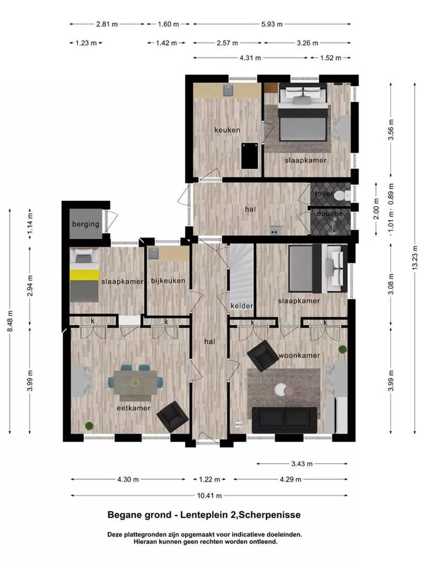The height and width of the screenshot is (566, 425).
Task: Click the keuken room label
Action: pos(227,130)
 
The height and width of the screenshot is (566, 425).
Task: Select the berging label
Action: pos(86,224)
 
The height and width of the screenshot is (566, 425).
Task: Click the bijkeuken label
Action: pos(168,281)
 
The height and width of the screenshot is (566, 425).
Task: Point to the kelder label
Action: pos(241,306)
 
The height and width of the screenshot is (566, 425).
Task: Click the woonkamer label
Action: pos(299,355)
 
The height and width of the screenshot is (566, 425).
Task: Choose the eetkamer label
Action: pos(133,408)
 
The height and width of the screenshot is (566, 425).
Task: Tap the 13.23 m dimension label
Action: pos(415,258)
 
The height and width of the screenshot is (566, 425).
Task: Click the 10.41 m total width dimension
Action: pos(209,496)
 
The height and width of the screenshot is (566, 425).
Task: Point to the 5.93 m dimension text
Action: pos(272,24)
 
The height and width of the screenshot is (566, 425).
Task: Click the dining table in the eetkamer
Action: pos(136,383)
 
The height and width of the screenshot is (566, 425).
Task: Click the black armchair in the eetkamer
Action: pos(173,417)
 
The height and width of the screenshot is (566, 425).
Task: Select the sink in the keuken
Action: pos(229,90)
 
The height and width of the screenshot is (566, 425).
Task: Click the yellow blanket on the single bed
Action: pos(85,274)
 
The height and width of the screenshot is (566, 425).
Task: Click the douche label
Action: pos(329,214)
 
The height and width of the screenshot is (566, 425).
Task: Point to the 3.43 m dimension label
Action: pos(302,464)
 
